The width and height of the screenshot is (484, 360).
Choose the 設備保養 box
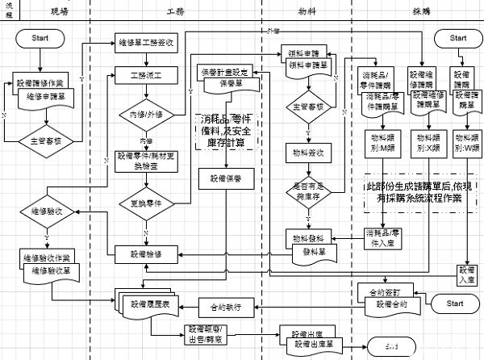(227, 178)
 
